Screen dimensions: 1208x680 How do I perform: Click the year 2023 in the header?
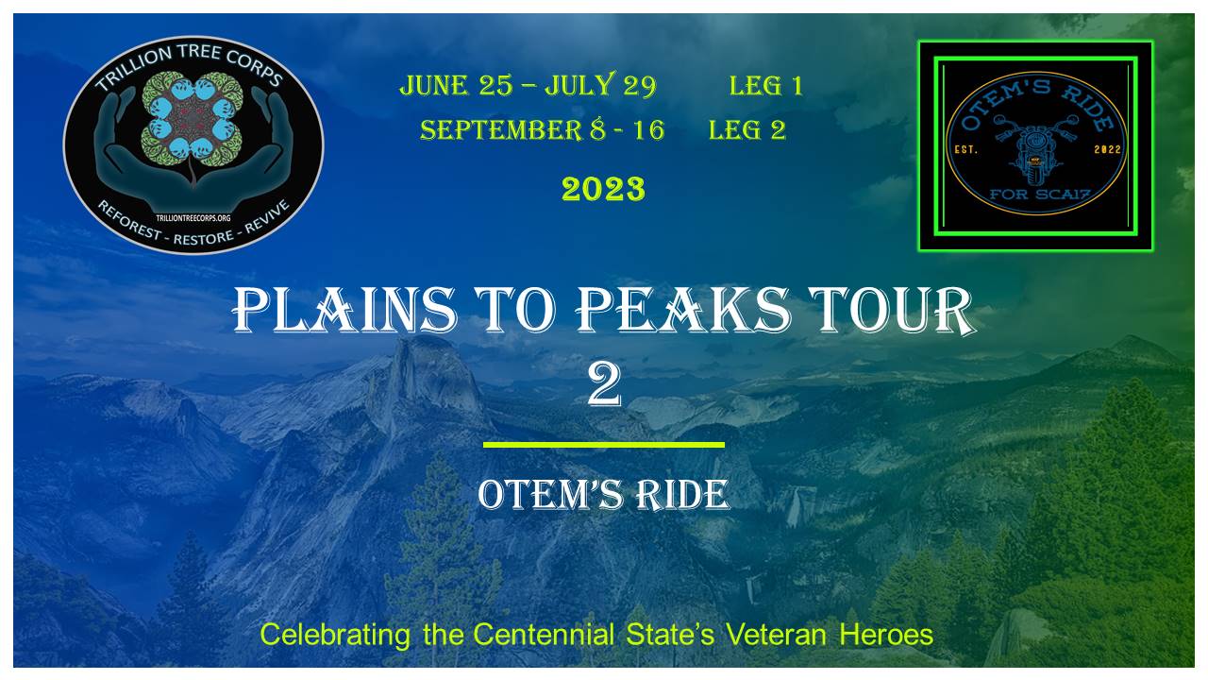coord(603,189)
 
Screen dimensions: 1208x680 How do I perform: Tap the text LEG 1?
coord(765,86)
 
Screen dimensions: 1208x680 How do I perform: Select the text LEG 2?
coord(747,130)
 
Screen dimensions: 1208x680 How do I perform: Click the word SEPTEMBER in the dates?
coord(501,130)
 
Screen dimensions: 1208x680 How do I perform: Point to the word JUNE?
coord(433,85)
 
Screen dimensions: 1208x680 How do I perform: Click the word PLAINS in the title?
coord(344,310)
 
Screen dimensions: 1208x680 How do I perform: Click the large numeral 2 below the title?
coord(604,384)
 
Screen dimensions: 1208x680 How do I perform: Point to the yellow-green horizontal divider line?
coord(603,445)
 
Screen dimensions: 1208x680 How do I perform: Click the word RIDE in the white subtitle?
coord(681,495)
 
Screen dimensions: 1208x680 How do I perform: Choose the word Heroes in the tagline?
coord(886,635)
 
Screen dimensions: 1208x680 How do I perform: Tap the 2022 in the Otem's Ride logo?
coord(1107,149)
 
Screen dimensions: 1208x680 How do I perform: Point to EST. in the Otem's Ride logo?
coord(965,149)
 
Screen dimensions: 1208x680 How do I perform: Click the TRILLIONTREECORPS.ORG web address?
coord(193,218)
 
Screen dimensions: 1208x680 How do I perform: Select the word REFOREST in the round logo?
coord(129,220)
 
